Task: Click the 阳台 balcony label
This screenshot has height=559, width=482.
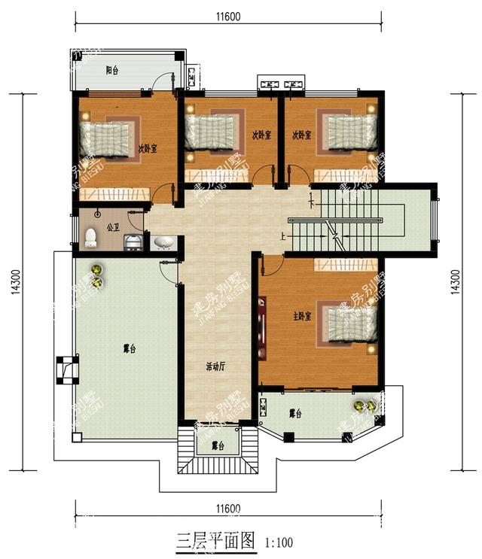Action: pos(112,70)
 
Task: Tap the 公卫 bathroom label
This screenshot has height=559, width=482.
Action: pos(113,226)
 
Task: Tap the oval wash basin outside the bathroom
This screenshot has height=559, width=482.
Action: pos(163,242)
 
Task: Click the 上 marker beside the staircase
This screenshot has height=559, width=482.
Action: pos(282,235)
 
